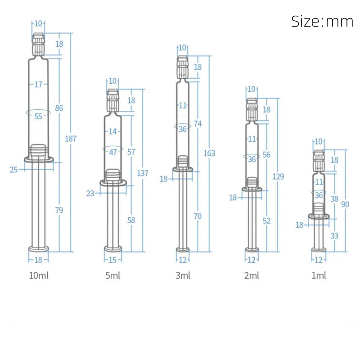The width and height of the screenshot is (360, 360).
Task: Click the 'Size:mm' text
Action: tap(322, 21)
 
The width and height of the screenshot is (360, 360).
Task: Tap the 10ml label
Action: tap(39, 275)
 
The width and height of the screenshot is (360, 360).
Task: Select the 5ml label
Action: tap(112, 275)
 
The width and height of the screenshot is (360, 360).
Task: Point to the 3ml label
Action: tap(183, 275)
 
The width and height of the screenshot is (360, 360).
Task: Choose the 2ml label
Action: tap(252, 275)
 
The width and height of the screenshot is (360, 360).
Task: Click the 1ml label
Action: tap(319, 275)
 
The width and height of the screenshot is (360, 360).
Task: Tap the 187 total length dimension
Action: tap(71, 139)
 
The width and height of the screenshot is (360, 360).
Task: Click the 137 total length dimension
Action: tap(143, 173)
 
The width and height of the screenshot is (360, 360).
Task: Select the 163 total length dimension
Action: tap(209, 153)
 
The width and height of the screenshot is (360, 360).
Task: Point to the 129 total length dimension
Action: tap(278, 176)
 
